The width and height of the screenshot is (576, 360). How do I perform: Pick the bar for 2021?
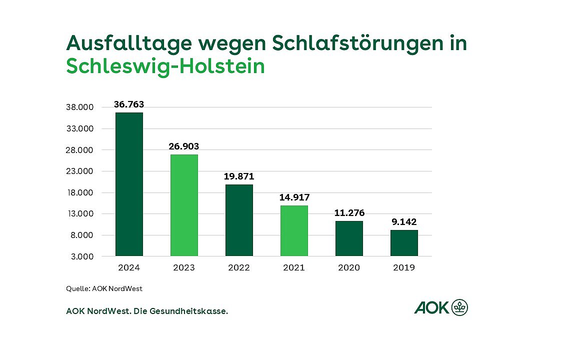click(294, 230)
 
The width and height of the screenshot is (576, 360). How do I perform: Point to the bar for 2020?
click(349, 238)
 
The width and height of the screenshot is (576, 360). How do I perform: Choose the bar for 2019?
click(404, 243)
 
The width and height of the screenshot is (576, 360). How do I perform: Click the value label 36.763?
click(129, 104)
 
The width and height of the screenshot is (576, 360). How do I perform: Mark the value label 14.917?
click(294, 197)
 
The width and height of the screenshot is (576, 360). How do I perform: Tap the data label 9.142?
click(404, 222)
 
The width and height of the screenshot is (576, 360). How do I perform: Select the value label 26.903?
click(184, 146)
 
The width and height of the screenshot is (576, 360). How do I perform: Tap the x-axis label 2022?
click(239, 267)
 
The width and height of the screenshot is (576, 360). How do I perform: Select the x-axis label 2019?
click(404, 267)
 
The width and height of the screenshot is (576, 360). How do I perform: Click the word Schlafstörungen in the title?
click(355, 43)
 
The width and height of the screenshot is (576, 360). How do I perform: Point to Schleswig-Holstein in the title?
click(165, 66)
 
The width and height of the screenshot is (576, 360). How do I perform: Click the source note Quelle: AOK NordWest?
click(104, 288)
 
